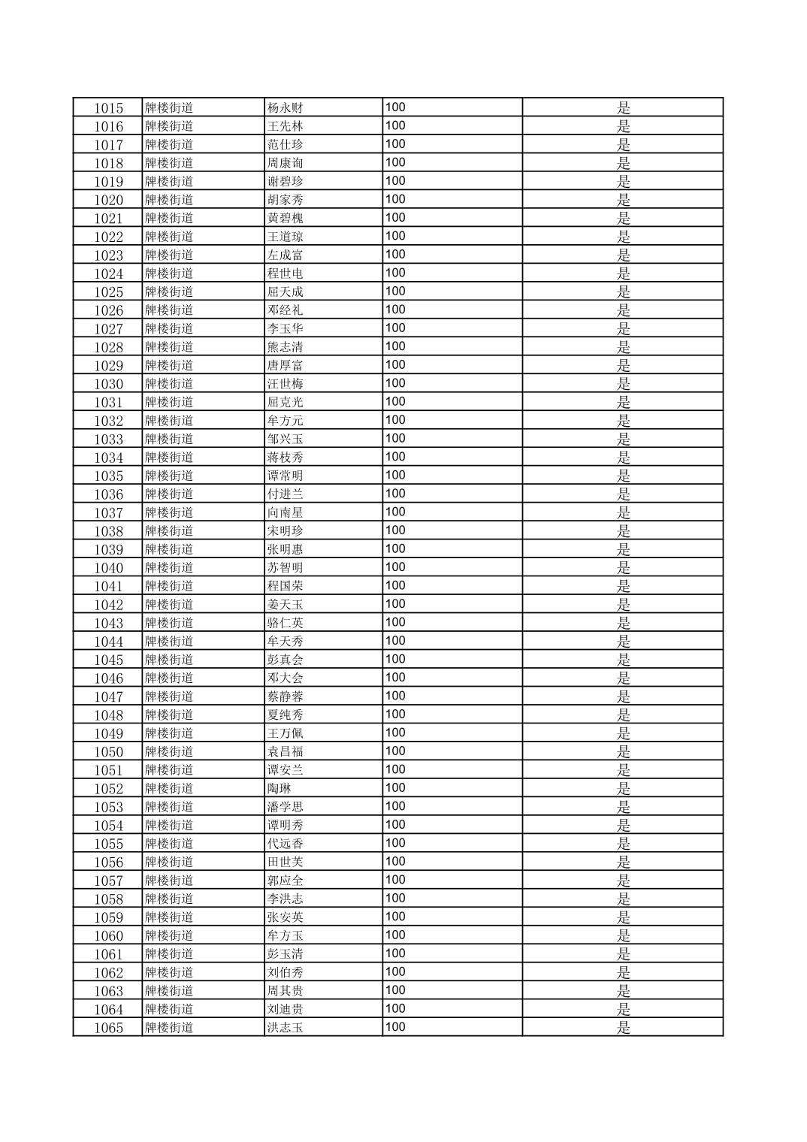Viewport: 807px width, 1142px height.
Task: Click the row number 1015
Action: tap(108, 108)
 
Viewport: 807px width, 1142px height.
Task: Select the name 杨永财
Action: tap(285, 107)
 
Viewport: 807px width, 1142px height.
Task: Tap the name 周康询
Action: tap(285, 163)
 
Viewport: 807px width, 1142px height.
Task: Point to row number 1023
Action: tap(108, 255)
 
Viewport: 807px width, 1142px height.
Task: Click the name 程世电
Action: tap(285, 273)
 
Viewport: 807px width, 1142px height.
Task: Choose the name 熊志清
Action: tap(285, 347)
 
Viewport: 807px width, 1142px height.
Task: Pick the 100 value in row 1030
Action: tap(395, 383)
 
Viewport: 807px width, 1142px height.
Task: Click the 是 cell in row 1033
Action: tap(623, 440)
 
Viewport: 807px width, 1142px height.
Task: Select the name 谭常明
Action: tap(285, 476)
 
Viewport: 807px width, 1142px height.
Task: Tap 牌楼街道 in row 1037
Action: tap(169, 512)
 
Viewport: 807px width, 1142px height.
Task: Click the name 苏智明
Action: tap(285, 568)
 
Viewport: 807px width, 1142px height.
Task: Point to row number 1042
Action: tap(108, 605)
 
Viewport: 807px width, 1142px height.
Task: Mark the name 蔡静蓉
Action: tap(285, 696)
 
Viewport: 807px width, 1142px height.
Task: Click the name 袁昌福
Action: tap(285, 751)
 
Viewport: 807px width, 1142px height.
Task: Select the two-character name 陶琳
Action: tap(279, 788)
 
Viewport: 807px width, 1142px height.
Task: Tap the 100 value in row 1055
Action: tap(395, 843)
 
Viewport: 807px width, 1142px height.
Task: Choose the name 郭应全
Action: tap(285, 881)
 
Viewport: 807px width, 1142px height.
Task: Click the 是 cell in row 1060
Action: tap(623, 936)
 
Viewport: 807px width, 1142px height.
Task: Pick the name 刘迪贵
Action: tap(285, 1009)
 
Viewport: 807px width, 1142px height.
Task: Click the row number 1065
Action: tap(108, 1028)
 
